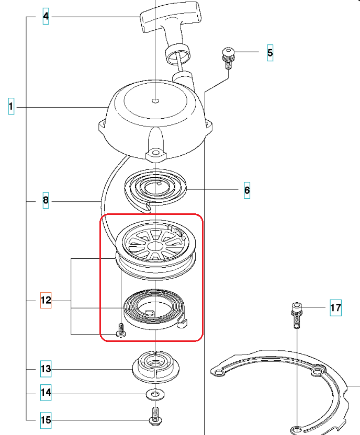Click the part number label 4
[x=46, y=17]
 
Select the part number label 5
[x=270, y=52]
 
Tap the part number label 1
[x=10, y=107]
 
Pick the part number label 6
[x=247, y=190]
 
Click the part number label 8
[x=46, y=201]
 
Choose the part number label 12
[x=46, y=301]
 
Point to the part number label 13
[x=46, y=369]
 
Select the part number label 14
[x=46, y=393]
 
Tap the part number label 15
[x=46, y=419]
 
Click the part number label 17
[x=335, y=308]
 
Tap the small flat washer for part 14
[x=155, y=393]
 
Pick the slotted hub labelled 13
[x=155, y=364]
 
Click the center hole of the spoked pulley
[x=155, y=245]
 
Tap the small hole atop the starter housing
[x=155, y=99]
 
